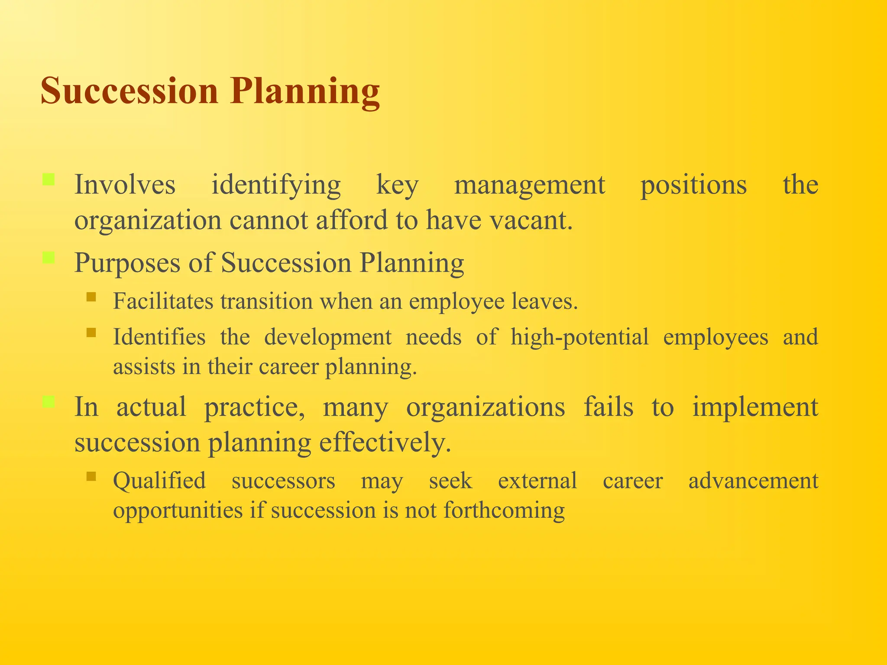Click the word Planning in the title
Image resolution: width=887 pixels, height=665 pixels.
305,92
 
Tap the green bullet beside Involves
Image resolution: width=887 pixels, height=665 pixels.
49,179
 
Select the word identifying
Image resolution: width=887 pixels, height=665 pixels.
276,185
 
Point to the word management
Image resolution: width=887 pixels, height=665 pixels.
529,185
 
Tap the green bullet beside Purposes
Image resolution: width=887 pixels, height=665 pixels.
49,258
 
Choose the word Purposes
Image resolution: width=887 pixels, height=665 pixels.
127,263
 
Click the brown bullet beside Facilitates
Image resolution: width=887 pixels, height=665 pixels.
91,297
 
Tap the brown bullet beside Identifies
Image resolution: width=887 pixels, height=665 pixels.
91,332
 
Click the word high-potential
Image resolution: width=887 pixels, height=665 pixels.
579,337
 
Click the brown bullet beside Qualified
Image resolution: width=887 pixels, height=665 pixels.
91,477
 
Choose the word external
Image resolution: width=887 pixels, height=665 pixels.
537,481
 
